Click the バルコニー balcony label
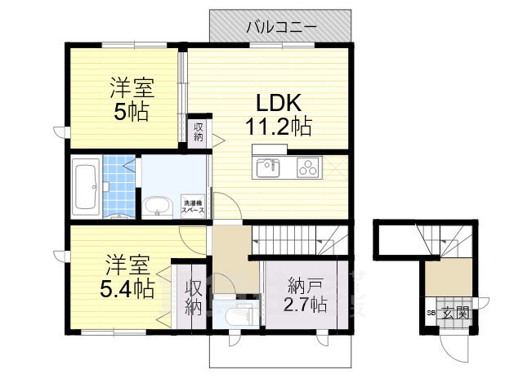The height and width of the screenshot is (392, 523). click(281, 27)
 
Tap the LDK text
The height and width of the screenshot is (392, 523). click(279, 103)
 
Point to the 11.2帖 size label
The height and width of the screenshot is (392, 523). click(279, 127)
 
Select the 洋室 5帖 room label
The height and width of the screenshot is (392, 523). click(132, 99)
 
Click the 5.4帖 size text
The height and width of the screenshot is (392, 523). click(127, 288)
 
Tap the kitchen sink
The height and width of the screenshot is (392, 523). click(268, 168)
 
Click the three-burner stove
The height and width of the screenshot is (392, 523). click(308, 167)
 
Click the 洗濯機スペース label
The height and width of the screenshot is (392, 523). click(193, 207)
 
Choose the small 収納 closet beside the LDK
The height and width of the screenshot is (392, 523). click(199, 131)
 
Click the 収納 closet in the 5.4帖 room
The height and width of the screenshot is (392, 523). click(194, 297)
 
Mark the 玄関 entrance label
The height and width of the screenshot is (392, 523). click(456, 313)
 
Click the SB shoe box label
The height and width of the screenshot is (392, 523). click(431, 313)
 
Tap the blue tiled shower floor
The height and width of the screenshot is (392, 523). click(119, 186)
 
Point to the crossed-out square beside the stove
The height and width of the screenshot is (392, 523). click(335, 167)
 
